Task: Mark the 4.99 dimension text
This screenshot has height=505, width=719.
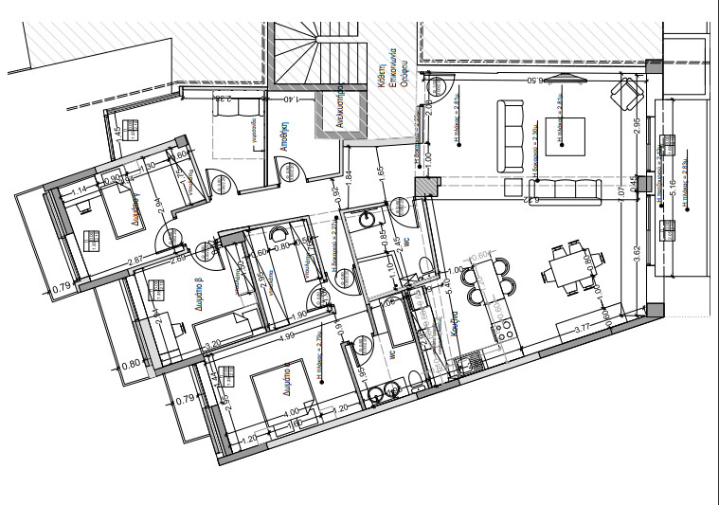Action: pos(284,334)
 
